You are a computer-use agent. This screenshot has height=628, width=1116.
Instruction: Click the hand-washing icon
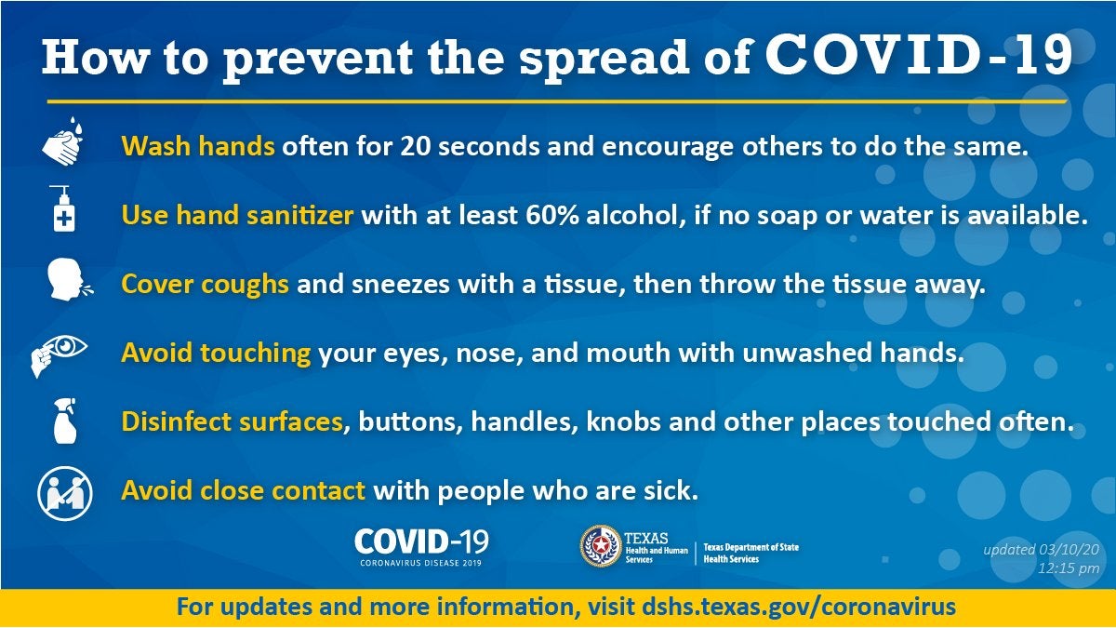pyautogui.click(x=63, y=141)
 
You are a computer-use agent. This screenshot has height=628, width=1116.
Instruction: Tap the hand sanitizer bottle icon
pyautogui.click(x=63, y=208)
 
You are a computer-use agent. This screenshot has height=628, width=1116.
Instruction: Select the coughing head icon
pyautogui.click(x=69, y=279)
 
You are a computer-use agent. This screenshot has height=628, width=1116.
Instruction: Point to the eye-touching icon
pyautogui.click(x=59, y=354)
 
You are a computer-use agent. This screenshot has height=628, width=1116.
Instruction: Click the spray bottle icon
pyautogui.click(x=65, y=421)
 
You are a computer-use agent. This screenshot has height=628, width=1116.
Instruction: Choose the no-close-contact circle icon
pyautogui.click(x=65, y=494)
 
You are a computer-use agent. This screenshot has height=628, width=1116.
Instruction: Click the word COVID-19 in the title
pyautogui.click(x=919, y=55)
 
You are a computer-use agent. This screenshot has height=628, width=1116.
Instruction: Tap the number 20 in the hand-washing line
pyautogui.click(x=416, y=147)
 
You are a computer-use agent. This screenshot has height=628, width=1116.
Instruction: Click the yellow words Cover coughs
pyautogui.click(x=205, y=285)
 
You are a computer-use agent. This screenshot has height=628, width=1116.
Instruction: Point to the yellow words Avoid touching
pyautogui.click(x=216, y=354)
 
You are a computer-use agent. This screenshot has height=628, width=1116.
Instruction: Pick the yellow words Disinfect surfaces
pyautogui.click(x=232, y=421)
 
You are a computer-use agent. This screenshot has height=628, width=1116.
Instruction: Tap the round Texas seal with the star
pyautogui.click(x=601, y=546)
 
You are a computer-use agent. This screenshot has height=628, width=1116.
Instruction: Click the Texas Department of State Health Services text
pyautogui.click(x=751, y=554)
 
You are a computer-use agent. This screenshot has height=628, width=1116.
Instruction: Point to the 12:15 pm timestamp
pyautogui.click(x=1069, y=568)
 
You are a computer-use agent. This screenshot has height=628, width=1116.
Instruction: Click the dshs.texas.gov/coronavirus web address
pyautogui.click(x=799, y=607)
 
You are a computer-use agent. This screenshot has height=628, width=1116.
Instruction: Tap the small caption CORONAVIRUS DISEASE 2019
pyautogui.click(x=421, y=563)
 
